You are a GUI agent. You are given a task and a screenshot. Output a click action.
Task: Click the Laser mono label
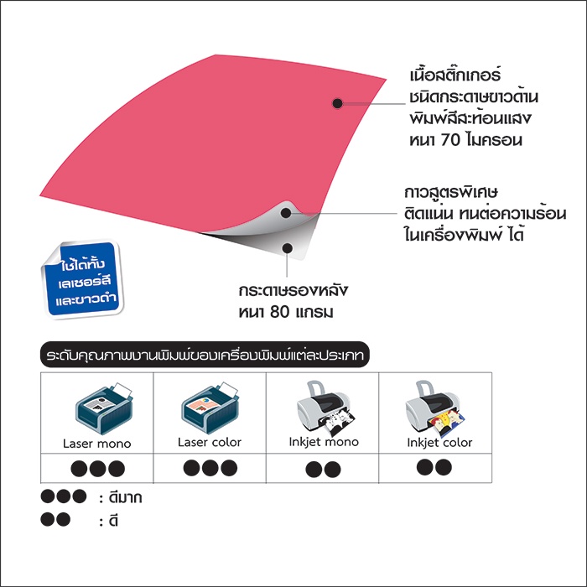coord(97,444)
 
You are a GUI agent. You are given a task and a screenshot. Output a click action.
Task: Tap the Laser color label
coord(210,442)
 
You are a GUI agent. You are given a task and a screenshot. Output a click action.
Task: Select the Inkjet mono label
coord(324,442)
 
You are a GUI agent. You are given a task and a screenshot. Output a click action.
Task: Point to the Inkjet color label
coord(439,443)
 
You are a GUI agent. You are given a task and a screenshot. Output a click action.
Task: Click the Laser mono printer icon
coord(104,408)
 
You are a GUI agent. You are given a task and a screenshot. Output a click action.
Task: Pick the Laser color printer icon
coord(210,408)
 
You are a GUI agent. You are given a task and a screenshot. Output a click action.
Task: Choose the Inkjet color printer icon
coord(435,408)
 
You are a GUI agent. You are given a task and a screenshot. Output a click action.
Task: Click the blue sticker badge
coord(83,279)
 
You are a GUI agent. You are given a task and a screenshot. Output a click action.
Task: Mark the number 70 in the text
coord(450,140)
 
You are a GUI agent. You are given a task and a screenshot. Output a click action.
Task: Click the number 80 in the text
coord(279,312)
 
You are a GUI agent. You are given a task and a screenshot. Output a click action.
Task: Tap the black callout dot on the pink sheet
coord(337,103)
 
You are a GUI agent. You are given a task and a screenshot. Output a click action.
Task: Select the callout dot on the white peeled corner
coord(286,213)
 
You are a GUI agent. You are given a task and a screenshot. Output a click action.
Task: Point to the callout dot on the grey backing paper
coord(287,248)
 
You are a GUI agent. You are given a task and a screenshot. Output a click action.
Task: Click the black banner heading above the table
coord(205,355)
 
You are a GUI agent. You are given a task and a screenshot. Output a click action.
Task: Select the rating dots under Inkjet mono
coord(323,469)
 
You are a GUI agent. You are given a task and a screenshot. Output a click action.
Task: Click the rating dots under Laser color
coord(210,468)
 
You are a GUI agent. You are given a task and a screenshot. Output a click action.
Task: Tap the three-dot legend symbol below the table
coord(64,496)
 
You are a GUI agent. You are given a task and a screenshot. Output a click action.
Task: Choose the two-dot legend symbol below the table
coord(55,519)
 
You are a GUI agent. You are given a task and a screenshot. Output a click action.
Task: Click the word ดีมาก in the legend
coord(125,498)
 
